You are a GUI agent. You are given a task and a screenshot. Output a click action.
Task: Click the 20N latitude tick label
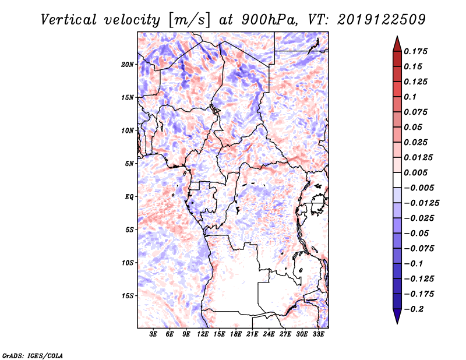[128, 65]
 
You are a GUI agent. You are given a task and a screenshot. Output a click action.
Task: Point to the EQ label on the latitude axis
[129, 197]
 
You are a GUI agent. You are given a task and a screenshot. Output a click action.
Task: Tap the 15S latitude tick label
[128, 296]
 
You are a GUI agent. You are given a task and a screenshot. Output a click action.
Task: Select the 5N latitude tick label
[129, 164]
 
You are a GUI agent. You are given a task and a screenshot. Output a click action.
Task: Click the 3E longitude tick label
[153, 334]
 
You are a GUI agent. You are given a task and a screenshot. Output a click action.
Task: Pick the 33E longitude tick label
[318, 334]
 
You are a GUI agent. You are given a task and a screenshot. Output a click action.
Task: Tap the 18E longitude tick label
[236, 334]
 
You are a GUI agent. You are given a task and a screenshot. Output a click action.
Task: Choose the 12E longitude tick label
[203, 334]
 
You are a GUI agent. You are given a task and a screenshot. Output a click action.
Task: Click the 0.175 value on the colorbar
[415, 51]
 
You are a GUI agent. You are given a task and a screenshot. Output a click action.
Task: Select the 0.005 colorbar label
[415, 172]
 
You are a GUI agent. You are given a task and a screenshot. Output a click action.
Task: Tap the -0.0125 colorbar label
[421, 203]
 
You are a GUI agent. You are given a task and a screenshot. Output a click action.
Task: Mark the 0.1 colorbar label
[410, 97]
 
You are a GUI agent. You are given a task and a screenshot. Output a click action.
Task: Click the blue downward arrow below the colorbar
[397, 316]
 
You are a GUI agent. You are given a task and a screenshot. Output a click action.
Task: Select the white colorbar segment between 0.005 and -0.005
[397, 180]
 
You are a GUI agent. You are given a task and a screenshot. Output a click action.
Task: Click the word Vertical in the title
[69, 20]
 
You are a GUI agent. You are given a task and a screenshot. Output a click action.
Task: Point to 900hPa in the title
[269, 20]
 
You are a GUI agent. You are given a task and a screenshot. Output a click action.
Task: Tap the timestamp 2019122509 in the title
[382, 20]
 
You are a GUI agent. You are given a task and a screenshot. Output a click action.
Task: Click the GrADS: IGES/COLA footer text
[33, 355]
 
